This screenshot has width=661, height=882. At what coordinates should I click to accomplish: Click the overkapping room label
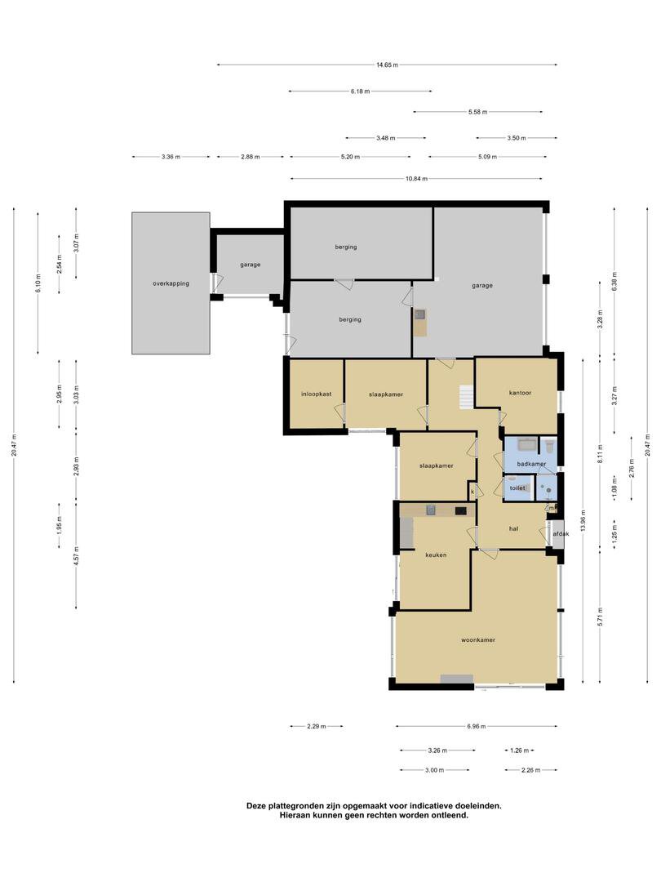(x=171, y=283)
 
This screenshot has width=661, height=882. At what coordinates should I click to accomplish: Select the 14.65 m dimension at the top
(x=387, y=65)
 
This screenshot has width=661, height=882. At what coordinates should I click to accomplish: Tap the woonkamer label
(x=477, y=639)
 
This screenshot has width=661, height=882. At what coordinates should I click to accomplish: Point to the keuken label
(x=436, y=555)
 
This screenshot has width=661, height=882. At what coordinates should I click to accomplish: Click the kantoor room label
(x=520, y=393)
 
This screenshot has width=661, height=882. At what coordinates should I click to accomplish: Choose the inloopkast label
(x=316, y=394)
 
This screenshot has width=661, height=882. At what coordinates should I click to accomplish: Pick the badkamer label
(x=531, y=464)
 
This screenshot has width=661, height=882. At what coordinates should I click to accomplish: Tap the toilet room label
(x=517, y=488)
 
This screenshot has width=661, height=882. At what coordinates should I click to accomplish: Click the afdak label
(x=561, y=533)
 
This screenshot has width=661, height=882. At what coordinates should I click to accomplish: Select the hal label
(x=513, y=528)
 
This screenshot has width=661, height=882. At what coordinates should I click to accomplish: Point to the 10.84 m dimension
(x=416, y=178)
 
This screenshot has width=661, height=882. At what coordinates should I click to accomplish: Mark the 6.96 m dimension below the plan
(x=476, y=726)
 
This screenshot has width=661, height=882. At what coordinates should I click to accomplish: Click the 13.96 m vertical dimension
(x=583, y=520)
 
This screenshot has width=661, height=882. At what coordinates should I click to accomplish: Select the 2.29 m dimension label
(x=317, y=726)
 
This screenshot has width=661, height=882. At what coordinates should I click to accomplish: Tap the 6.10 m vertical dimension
(x=38, y=283)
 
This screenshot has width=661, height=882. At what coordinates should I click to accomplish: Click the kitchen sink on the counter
(x=431, y=510)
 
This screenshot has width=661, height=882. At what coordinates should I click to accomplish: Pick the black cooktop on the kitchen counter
(x=461, y=510)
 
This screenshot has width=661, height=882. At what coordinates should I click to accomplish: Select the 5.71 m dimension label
(x=601, y=617)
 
